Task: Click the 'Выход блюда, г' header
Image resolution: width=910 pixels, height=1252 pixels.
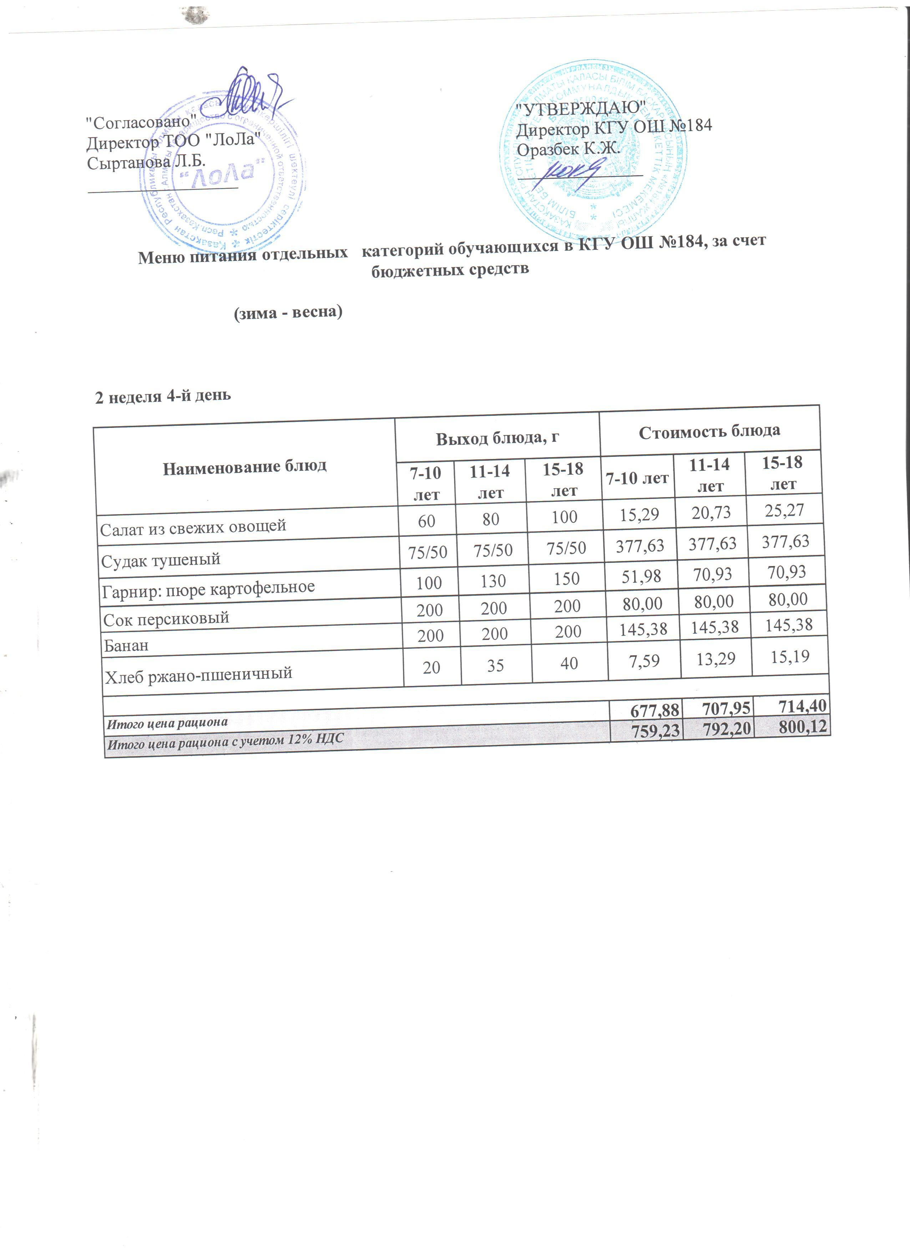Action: (x=497, y=438)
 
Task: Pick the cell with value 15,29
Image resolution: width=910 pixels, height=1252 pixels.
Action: (x=638, y=515)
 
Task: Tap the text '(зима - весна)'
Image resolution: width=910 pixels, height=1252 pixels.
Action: (x=288, y=312)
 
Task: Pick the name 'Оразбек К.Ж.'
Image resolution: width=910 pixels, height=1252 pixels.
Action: (x=568, y=149)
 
